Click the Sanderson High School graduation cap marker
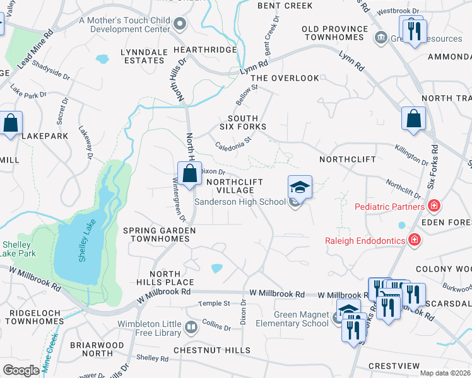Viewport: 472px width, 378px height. pyautogui.click(x=300, y=186)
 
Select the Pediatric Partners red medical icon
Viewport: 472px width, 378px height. pyautogui.click(x=434, y=206)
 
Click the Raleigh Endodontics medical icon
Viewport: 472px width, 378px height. pyautogui.click(x=414, y=239)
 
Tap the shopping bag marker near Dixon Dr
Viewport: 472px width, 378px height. pyautogui.click(x=189, y=174)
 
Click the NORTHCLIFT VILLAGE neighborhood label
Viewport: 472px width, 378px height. pyautogui.click(x=230, y=185)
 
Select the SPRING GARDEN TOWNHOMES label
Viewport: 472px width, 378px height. pyautogui.click(x=159, y=235)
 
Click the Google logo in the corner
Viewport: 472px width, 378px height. pyautogui.click(x=20, y=370)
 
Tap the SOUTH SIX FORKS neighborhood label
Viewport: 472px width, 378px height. pyautogui.click(x=242, y=122)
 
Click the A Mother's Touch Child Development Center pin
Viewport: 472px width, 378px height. pyautogui.click(x=180, y=25)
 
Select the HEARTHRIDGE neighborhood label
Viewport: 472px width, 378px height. pyautogui.click(x=187, y=49)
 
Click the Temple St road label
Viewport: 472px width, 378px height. pyautogui.click(x=214, y=303)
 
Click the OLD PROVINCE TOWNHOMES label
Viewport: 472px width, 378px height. pyautogui.click(x=334, y=33)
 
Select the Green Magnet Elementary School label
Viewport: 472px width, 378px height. pyautogui.click(x=301, y=319)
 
